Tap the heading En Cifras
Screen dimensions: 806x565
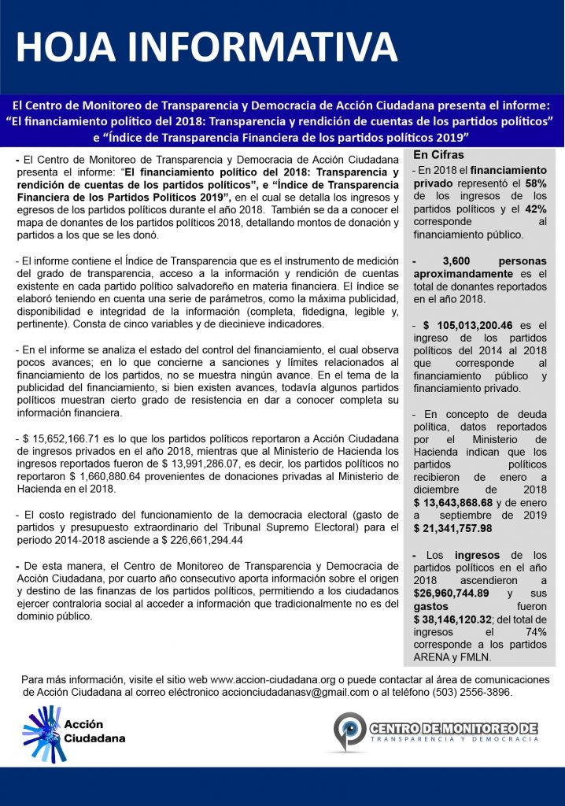point(438,155)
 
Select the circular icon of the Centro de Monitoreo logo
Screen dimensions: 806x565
point(349,730)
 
